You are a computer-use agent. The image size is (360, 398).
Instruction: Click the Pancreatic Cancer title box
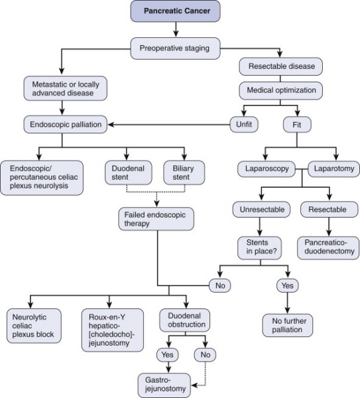point(175,11)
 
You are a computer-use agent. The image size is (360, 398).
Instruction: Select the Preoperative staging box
point(175,48)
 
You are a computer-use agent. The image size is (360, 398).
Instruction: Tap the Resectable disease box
point(281,66)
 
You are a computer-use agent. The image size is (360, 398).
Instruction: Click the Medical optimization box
point(281,90)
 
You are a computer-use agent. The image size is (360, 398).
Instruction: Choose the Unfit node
point(244,125)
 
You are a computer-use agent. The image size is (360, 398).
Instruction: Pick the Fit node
point(297,125)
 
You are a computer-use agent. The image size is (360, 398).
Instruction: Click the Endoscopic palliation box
point(66,125)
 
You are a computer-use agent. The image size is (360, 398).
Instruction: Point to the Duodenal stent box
point(129,172)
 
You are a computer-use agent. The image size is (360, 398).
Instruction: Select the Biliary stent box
point(184,172)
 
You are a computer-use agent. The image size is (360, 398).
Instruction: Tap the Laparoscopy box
point(267,168)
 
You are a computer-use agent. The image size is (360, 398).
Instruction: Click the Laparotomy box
point(334,168)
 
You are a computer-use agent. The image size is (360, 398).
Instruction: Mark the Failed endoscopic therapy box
point(156,219)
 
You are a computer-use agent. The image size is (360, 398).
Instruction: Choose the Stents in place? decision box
point(259,248)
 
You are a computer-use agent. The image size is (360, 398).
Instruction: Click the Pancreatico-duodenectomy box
point(328,248)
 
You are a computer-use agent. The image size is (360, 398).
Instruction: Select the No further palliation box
point(288,326)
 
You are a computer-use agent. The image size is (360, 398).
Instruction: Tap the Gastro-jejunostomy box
point(164,385)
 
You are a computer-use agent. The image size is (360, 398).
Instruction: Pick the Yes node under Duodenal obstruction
point(168,355)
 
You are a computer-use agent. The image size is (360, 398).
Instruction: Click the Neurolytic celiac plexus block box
point(34,326)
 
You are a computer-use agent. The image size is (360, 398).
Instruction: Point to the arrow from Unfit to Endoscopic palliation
point(169,125)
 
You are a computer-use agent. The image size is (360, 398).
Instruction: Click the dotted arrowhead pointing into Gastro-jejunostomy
point(194,385)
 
